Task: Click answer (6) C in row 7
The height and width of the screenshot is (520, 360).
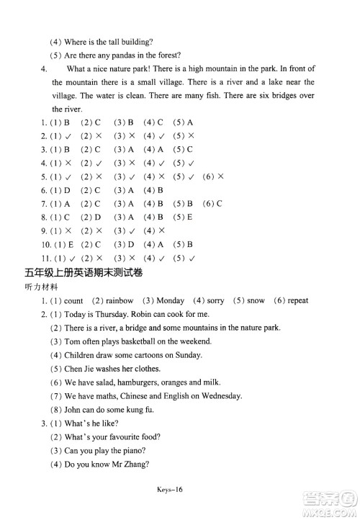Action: (x=212, y=204)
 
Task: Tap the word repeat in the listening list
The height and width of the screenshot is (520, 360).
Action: (x=297, y=300)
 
